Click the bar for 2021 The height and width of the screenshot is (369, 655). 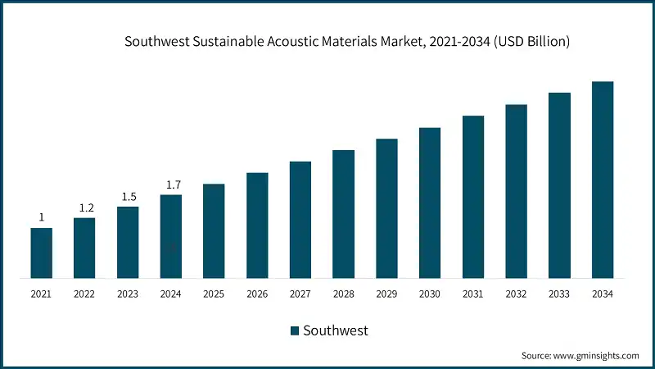[x=42, y=253]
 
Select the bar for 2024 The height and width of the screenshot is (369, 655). [x=171, y=236]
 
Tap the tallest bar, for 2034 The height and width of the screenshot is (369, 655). [x=603, y=180]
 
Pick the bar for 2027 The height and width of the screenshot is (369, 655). [x=300, y=220]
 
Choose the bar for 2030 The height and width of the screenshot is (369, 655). [x=430, y=203]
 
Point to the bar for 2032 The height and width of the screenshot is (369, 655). [x=516, y=191]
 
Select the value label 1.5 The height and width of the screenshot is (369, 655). [x=128, y=197]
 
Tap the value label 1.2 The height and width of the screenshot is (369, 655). [x=85, y=208]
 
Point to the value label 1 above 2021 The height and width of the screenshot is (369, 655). [x=42, y=217]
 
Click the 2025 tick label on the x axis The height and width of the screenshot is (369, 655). [x=214, y=293]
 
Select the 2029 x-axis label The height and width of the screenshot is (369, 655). [x=386, y=293]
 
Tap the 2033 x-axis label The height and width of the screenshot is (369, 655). [x=559, y=293]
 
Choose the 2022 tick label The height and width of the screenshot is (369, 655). [x=85, y=293]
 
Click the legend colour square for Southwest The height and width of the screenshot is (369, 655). [x=295, y=330]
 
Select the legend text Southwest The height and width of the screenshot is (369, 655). [x=336, y=330]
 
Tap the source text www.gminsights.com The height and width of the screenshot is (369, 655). [x=595, y=355]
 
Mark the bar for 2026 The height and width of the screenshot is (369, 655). [x=257, y=225]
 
